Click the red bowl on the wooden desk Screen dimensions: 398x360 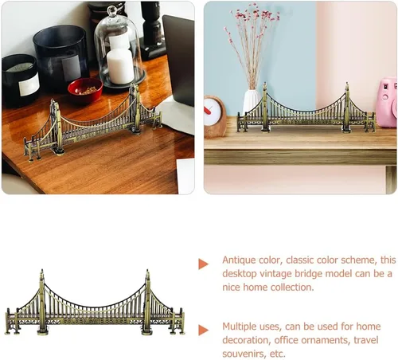click(85, 90)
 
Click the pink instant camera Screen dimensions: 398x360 click(387, 102)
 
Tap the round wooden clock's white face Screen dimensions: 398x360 click(213, 111)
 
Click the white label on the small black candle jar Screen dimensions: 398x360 click(29, 85)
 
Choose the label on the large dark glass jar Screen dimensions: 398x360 click(71, 68)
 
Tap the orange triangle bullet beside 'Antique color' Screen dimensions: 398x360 click(203, 264)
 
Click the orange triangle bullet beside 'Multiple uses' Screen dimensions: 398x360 click(203, 330)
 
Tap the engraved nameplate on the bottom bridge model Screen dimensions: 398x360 click(95, 321)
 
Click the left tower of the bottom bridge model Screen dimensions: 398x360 click(42, 302)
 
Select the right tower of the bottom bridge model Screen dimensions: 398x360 click(147, 302)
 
